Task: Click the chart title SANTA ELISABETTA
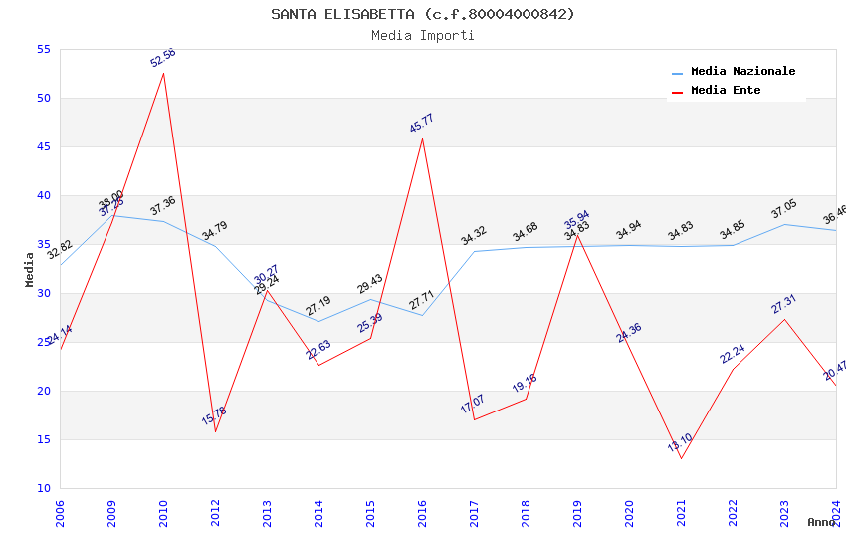pos(423,14)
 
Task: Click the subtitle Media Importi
pos(423,35)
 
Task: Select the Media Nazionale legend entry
pos(742,72)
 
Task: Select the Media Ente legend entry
pos(726,91)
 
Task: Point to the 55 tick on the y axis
pos(42,49)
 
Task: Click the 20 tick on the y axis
pos(42,391)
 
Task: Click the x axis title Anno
pos(821,522)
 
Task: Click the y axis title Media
pos(30,269)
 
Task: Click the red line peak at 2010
pos(163,73)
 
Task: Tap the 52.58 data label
pos(163,57)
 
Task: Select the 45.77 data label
pos(422,124)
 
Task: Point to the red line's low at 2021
pos(681,458)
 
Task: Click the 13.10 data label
pos(680,442)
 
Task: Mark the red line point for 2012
pos(215,431)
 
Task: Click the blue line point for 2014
pos(318,321)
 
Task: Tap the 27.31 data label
pos(784,304)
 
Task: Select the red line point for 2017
pos(474,419)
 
